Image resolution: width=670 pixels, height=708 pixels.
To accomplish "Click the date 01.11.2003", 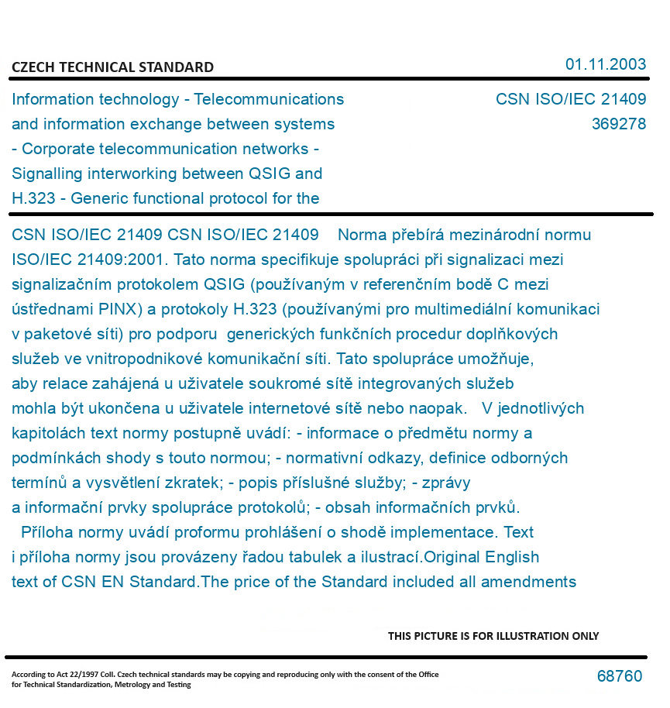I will (605, 64).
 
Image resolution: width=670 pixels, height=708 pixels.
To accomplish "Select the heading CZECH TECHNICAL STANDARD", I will (112, 67).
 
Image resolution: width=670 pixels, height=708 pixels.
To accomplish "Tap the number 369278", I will (618, 124).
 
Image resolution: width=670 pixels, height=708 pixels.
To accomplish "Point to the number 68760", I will (619, 676).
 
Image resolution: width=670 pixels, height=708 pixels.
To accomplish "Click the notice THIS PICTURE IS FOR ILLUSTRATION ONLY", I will (493, 636).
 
